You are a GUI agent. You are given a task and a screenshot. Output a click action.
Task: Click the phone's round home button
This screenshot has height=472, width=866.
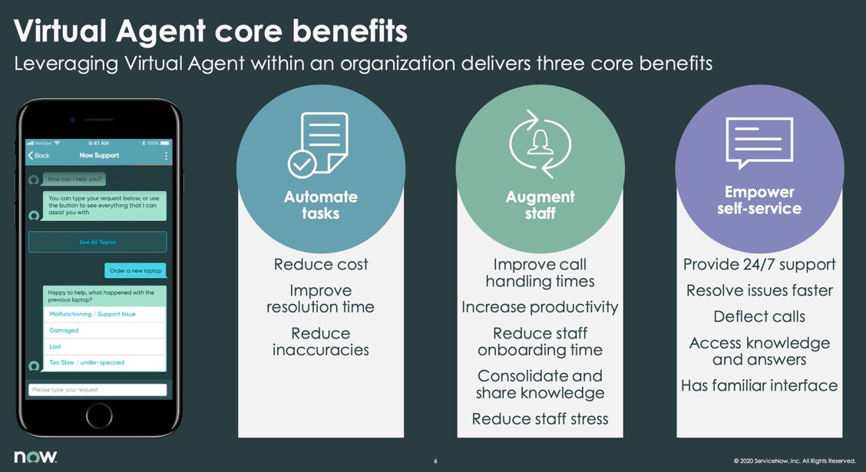pyautogui.click(x=99, y=416)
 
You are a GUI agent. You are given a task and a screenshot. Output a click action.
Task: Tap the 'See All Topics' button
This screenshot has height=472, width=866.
pyautogui.click(x=98, y=242)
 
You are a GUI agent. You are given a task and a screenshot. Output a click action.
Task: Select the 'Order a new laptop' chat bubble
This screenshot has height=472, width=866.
pyautogui.click(x=135, y=270)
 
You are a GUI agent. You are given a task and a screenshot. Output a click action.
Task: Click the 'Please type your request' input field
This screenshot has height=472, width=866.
pyautogui.click(x=98, y=390)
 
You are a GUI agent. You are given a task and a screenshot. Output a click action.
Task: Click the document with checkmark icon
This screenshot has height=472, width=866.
pyautogui.click(x=318, y=144)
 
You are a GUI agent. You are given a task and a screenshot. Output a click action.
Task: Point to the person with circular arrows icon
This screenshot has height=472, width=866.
pyautogui.click(x=540, y=144)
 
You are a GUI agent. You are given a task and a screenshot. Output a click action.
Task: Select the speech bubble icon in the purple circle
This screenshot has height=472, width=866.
pyautogui.click(x=759, y=143)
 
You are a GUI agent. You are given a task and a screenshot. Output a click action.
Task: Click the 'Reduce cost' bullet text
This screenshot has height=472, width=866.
pyautogui.click(x=321, y=265)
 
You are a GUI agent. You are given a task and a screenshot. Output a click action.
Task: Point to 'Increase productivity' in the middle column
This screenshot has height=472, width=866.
pyautogui.click(x=540, y=307)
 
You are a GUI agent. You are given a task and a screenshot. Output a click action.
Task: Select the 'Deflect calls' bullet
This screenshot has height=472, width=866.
pyautogui.click(x=759, y=316)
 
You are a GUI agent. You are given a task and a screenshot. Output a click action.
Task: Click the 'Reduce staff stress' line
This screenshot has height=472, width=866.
pyautogui.click(x=540, y=419)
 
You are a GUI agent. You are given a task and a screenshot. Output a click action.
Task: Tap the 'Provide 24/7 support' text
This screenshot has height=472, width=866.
pyautogui.click(x=759, y=265)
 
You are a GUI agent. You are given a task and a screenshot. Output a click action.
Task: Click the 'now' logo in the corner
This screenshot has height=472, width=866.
pyautogui.click(x=35, y=457)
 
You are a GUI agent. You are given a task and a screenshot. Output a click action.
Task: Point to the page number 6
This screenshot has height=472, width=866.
pyautogui.click(x=435, y=461)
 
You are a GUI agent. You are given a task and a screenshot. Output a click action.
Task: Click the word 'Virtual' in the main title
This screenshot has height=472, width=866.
pyautogui.click(x=60, y=31)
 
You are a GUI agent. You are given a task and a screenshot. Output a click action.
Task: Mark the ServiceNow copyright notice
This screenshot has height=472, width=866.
pyautogui.click(x=794, y=461)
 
